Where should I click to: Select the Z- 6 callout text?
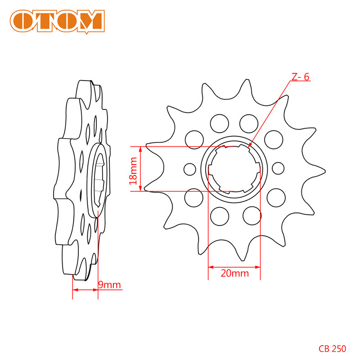coord(300,77)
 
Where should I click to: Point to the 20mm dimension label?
coord(234,273)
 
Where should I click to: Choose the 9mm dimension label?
coord(109,285)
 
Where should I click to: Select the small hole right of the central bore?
coord(279,168)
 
